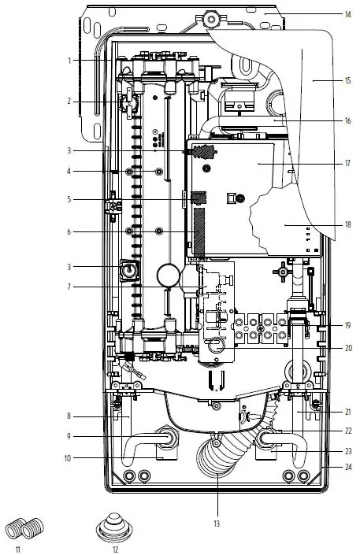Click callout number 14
[x=348, y=14]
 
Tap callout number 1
[x=69, y=61]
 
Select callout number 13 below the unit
[x=217, y=524]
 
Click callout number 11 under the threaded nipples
[x=18, y=549]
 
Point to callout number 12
[x=115, y=549]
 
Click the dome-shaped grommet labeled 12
[x=114, y=527]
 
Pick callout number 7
[x=69, y=287]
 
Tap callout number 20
[x=349, y=348]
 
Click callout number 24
[x=349, y=467]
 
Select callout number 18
[x=348, y=225]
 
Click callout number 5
[x=69, y=200]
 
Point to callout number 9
[x=69, y=436]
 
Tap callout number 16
[x=348, y=121]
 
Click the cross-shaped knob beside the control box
[x=282, y=272]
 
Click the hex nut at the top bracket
[x=210, y=17]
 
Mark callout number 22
[x=349, y=431]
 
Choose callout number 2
[x=69, y=102]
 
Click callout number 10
[x=68, y=458]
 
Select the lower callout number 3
[x=69, y=267]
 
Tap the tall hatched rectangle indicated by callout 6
[x=199, y=232]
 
